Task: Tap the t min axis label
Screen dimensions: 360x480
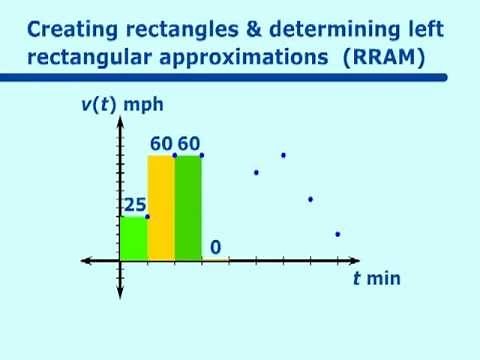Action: click(x=376, y=278)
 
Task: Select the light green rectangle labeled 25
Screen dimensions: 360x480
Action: click(x=133, y=238)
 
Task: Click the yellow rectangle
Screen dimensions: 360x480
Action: click(x=161, y=207)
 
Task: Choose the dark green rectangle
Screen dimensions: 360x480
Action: click(x=188, y=207)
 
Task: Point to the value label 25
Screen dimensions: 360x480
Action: click(x=134, y=205)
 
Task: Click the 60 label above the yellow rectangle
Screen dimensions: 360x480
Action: click(x=161, y=144)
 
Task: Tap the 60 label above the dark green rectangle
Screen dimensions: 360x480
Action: click(x=188, y=144)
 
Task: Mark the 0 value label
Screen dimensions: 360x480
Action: click(x=215, y=247)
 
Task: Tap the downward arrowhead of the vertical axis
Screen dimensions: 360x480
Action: click(x=120, y=292)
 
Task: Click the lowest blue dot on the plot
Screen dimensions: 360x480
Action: click(x=338, y=234)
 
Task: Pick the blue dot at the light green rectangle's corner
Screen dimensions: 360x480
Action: click(x=147, y=217)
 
